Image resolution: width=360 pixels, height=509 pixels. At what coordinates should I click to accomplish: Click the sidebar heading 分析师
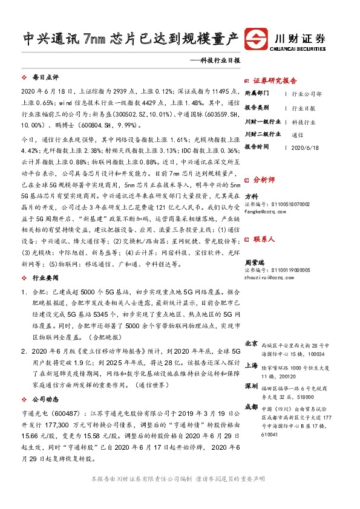[264, 180]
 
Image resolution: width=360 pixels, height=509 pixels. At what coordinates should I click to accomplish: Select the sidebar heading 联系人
[264, 239]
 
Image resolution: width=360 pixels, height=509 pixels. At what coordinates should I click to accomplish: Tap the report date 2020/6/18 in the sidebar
[304, 147]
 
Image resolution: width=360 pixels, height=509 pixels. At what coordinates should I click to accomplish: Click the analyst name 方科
[252, 196]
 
